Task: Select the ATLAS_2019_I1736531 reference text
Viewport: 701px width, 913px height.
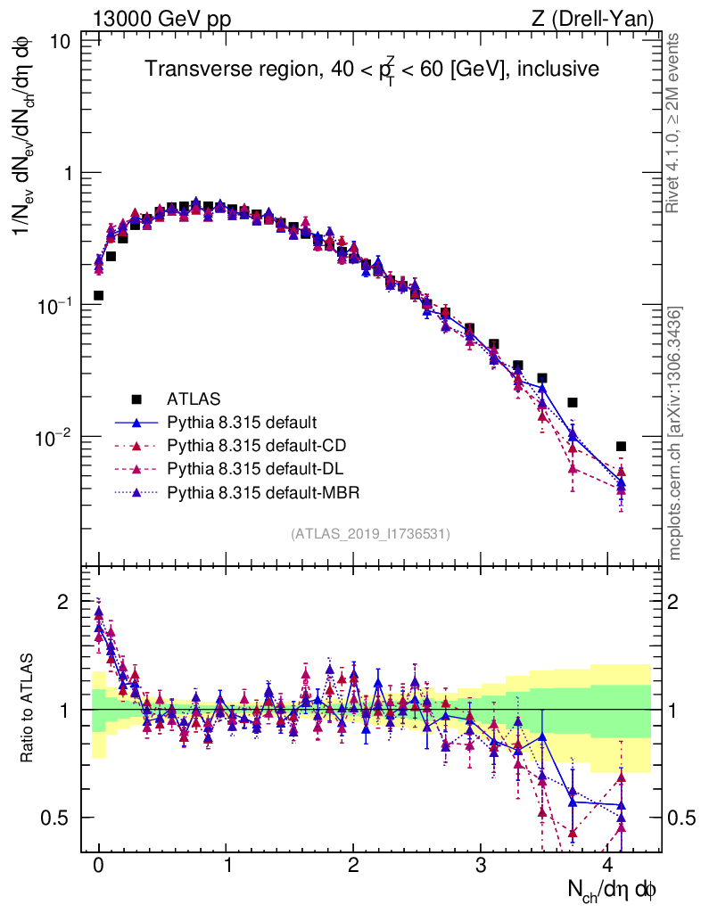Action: [370, 534]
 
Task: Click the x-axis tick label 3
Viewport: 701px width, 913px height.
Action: [481, 866]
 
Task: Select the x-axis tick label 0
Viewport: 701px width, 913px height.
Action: [98, 866]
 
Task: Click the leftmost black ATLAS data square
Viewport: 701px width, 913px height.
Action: [98, 295]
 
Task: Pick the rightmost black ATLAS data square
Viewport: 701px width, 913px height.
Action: [621, 446]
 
